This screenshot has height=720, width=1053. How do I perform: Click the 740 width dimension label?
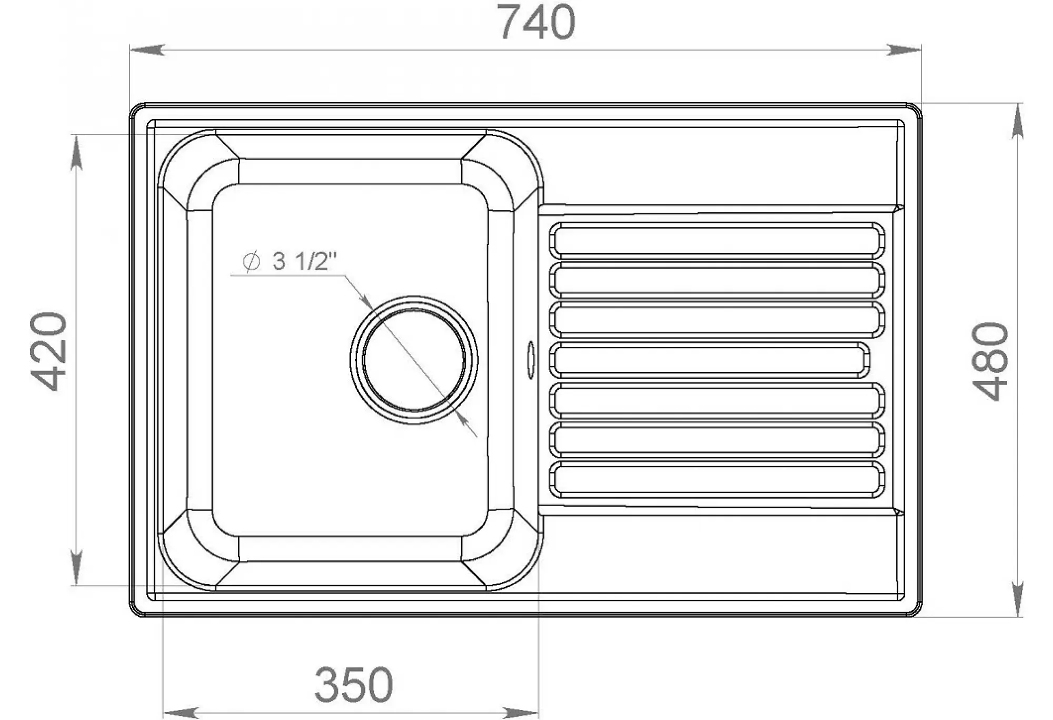click(x=537, y=22)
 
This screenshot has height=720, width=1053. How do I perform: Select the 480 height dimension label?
click(x=990, y=361)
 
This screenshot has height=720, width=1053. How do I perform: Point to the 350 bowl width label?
click(x=353, y=685)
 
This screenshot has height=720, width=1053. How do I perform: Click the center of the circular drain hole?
click(x=414, y=360)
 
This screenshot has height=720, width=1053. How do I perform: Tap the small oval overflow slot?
click(x=531, y=360)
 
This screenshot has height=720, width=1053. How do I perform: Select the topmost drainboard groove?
click(x=717, y=240)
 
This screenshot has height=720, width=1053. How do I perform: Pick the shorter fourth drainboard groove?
click(x=709, y=360)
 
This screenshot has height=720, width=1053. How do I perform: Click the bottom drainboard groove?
click(x=717, y=480)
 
